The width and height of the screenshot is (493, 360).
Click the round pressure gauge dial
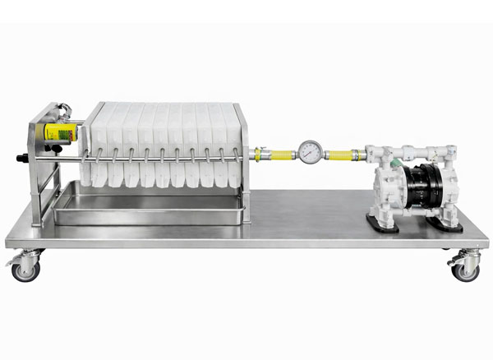click(309, 152)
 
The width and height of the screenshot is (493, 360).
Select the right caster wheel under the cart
click(466, 269)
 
